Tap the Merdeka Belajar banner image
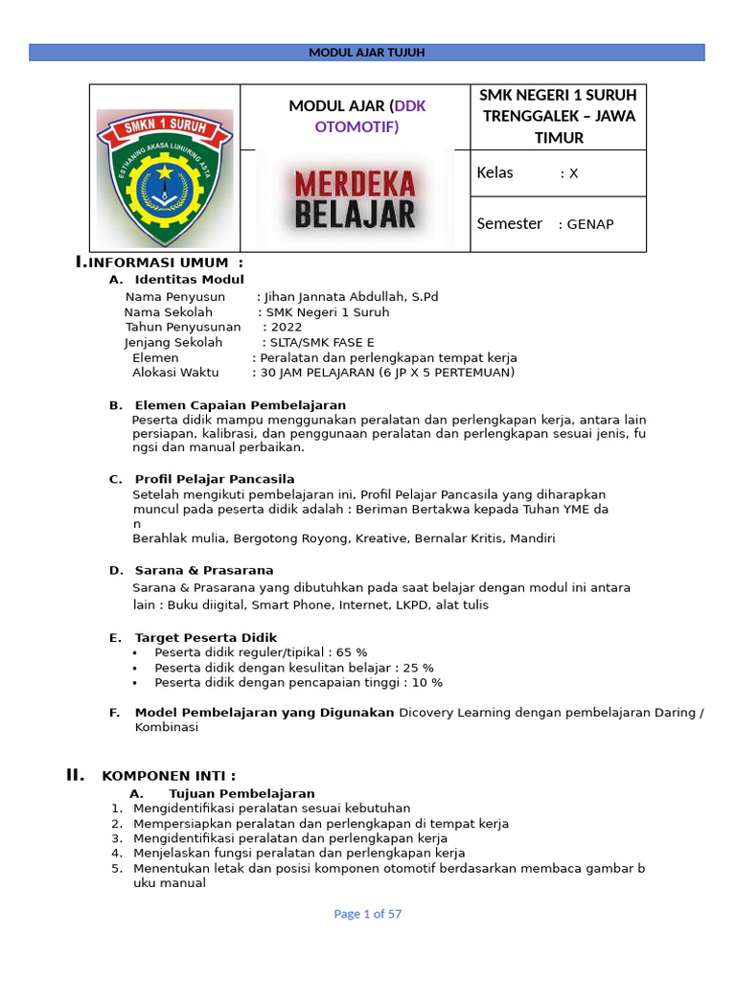pyautogui.click(x=355, y=199)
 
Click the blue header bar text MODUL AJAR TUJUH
pyautogui.click(x=367, y=53)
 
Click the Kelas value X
pyautogui.click(x=573, y=173)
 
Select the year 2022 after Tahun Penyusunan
pyautogui.click(x=287, y=327)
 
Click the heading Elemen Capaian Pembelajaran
pyautogui.click(x=241, y=405)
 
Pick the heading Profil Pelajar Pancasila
pyautogui.click(x=215, y=479)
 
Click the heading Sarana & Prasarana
pyautogui.click(x=204, y=570)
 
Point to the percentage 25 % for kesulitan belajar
pyautogui.click(x=418, y=668)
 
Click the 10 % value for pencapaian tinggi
pyautogui.click(x=426, y=683)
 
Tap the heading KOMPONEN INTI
pyautogui.click(x=169, y=776)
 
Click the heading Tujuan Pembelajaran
pyautogui.click(x=241, y=794)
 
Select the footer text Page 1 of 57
pyautogui.click(x=368, y=914)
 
